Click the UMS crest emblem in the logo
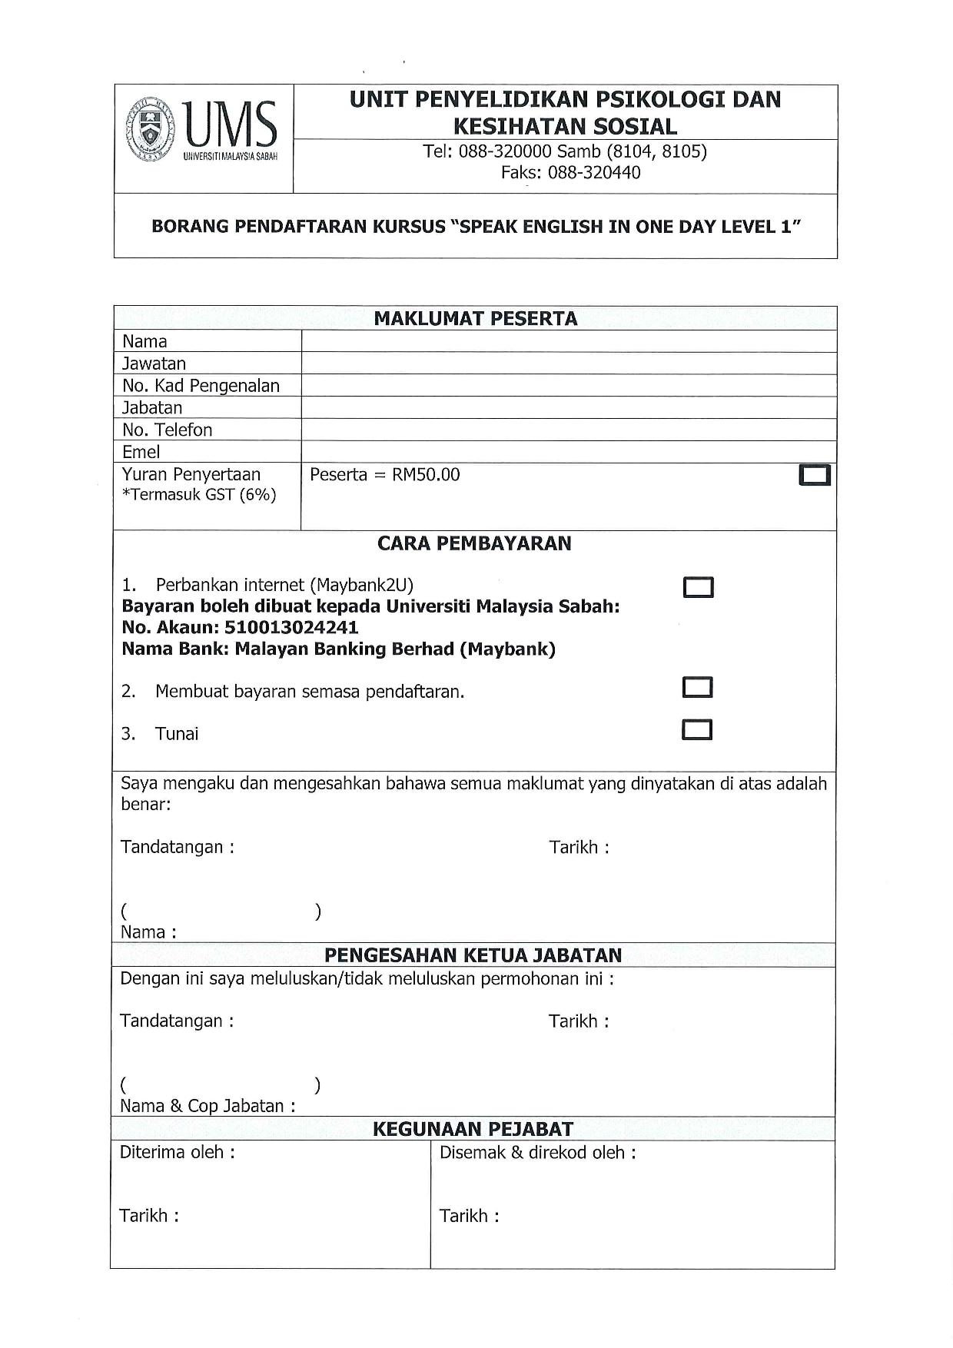(x=152, y=128)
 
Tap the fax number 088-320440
(x=594, y=172)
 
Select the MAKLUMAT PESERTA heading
(x=475, y=319)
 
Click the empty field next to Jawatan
(x=568, y=364)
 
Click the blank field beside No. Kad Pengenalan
(x=568, y=386)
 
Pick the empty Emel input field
(x=568, y=452)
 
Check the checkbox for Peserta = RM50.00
(x=815, y=476)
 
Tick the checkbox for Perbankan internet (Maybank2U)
(x=698, y=588)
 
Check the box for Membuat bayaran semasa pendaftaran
(x=697, y=687)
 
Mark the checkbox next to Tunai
(x=697, y=729)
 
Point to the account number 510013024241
(x=291, y=627)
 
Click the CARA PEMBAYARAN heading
(x=474, y=543)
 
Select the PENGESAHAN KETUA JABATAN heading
(x=473, y=955)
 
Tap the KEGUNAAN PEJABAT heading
(x=473, y=1129)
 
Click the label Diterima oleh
(x=177, y=1152)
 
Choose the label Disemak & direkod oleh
(x=537, y=1153)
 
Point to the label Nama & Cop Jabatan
(x=208, y=1106)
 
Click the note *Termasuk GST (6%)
(x=199, y=495)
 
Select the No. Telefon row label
(x=167, y=430)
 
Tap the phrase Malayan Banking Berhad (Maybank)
(x=395, y=649)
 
